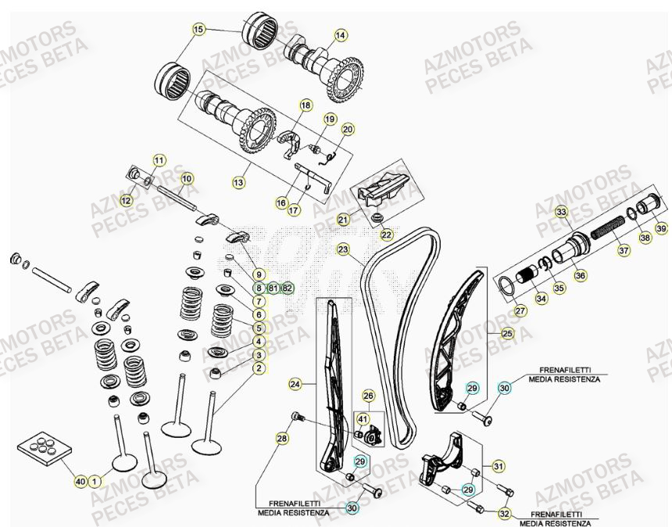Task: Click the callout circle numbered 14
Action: (x=340, y=35)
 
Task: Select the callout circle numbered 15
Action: (x=198, y=29)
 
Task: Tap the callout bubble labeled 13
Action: (x=238, y=181)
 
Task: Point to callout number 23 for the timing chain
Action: (x=343, y=249)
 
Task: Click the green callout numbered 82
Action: (x=287, y=288)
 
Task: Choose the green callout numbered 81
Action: (x=273, y=288)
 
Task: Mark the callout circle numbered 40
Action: (x=80, y=482)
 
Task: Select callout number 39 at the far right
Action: (x=661, y=228)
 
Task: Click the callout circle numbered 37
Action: (x=623, y=251)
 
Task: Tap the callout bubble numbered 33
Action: (x=561, y=212)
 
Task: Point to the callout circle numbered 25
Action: (x=507, y=335)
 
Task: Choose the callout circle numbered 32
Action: (x=505, y=514)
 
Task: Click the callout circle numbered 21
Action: (x=342, y=219)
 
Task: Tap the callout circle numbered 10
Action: (x=186, y=179)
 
